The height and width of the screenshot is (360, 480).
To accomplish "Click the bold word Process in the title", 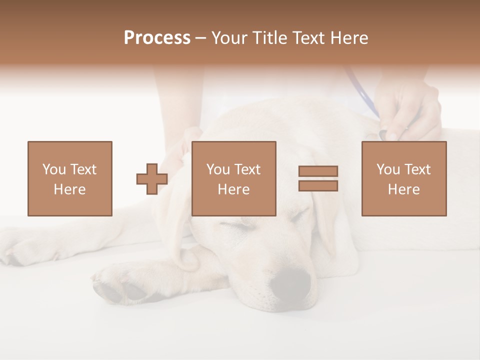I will coord(157,38).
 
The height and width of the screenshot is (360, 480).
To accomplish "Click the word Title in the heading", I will coord(270,38).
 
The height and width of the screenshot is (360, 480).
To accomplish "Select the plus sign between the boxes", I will coord(152,179).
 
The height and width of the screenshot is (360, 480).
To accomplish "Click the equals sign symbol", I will coord(318,178).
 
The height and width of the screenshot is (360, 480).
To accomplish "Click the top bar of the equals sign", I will coord(318,171).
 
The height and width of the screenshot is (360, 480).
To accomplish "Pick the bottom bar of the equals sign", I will coord(318,185).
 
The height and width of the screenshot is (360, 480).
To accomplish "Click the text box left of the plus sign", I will coord(69,178).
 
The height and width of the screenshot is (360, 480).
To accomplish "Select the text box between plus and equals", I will coord(233,178).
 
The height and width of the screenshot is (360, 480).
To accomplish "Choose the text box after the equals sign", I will coord(403,178).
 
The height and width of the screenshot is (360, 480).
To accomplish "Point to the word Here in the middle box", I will coord(233,189).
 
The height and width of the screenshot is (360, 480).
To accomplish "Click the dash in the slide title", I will coord(200,38).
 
